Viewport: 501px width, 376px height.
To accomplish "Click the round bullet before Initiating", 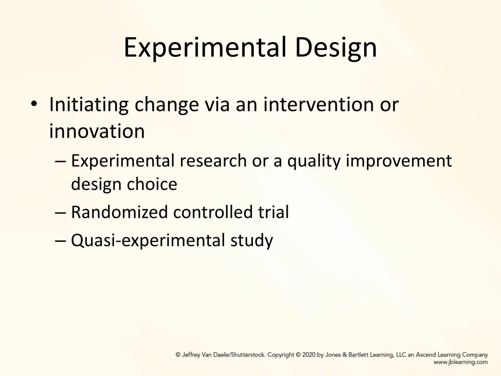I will [33, 104].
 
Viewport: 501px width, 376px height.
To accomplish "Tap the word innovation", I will [97, 131].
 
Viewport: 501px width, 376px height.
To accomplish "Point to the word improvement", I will [399, 161].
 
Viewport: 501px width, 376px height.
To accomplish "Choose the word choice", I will [152, 184].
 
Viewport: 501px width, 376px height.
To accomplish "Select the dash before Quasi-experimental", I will [61, 241].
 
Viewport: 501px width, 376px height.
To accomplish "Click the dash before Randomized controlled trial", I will [61, 212].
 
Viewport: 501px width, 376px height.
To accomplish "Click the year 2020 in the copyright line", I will [309, 355].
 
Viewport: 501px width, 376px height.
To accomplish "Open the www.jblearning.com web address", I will [460, 362].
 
